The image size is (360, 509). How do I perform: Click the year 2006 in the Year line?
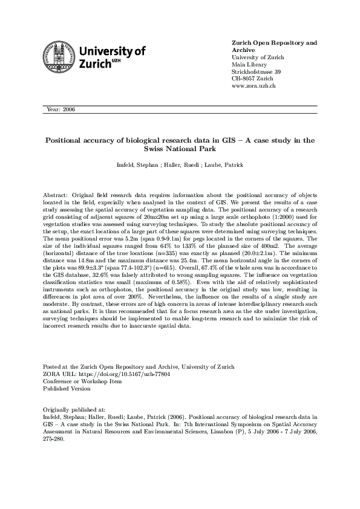click(68, 109)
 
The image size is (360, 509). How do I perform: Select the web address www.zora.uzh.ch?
click(254, 86)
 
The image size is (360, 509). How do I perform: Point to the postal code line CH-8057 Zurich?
click(252, 79)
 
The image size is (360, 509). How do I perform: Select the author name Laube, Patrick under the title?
click(226, 165)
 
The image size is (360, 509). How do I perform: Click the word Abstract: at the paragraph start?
click(56, 196)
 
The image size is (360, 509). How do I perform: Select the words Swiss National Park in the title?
click(180, 148)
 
